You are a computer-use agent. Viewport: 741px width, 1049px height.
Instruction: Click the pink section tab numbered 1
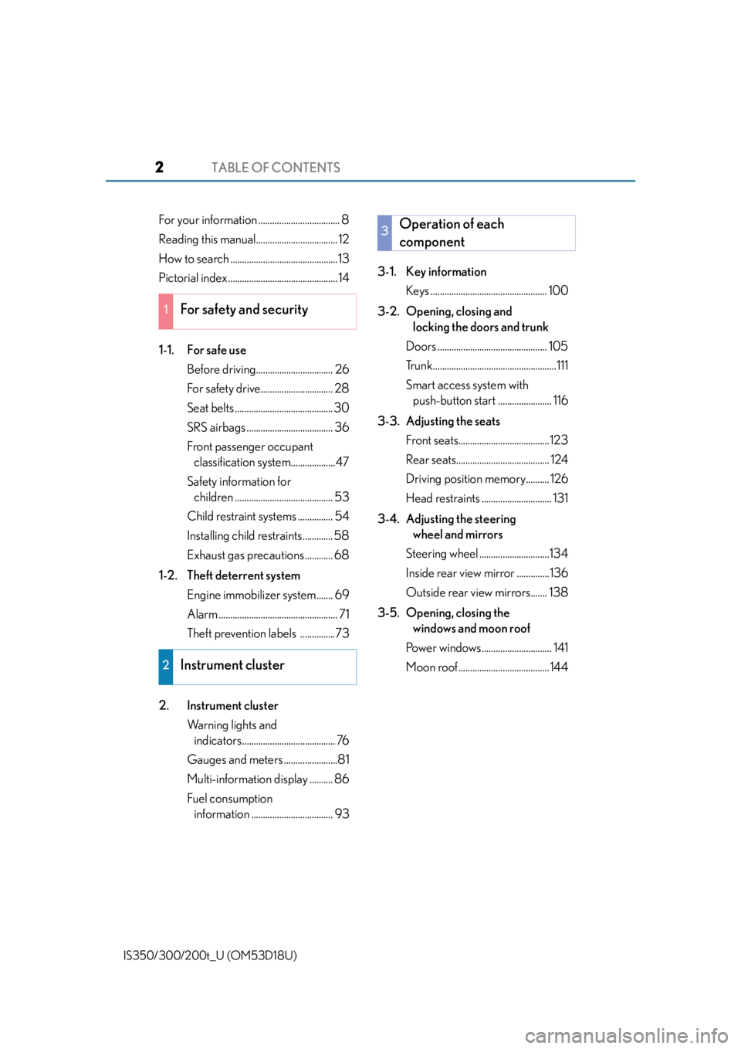[x=166, y=311]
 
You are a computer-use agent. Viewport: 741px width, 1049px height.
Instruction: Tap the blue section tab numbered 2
[x=166, y=667]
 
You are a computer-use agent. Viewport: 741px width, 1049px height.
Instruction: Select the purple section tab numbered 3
[x=384, y=233]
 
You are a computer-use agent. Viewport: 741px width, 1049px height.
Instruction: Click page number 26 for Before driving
[x=342, y=369]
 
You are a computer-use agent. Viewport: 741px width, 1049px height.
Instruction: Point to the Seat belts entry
[x=211, y=408]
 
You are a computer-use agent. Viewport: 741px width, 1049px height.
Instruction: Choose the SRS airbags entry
[x=216, y=428]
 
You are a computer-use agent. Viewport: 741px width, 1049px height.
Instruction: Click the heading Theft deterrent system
[x=244, y=575]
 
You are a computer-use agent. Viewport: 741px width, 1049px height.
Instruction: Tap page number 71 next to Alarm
[x=343, y=614]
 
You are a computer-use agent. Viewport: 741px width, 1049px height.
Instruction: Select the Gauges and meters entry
[x=235, y=759]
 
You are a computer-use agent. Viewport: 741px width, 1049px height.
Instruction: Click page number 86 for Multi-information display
[x=342, y=779]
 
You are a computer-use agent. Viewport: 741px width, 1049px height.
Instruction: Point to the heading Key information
[x=446, y=272]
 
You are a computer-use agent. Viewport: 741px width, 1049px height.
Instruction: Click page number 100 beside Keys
[x=558, y=290]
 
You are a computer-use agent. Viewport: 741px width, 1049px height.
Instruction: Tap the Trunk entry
[x=418, y=365]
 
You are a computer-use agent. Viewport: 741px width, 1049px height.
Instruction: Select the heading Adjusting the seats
[x=453, y=422]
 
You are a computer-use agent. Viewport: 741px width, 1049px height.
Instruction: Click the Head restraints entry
[x=443, y=498]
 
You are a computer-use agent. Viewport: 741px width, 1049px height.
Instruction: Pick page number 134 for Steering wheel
[x=559, y=554]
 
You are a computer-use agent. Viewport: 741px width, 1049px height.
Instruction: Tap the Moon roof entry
[x=431, y=667]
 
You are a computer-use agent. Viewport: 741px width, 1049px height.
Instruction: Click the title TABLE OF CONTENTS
[x=276, y=168]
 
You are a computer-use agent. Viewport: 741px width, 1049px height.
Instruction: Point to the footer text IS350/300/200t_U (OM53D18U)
[x=210, y=956]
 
